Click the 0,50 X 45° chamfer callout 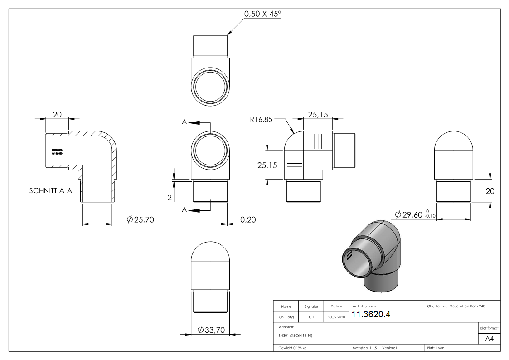(x=262, y=14)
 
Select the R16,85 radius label (x=262, y=120)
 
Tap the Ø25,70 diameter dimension (x=141, y=219)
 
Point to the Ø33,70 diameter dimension (x=212, y=331)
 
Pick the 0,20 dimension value (x=248, y=219)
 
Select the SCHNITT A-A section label (x=50, y=191)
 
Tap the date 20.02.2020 (x=336, y=317)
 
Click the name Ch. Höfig (x=286, y=317)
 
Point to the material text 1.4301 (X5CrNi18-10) (x=296, y=336)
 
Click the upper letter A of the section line (x=184, y=122)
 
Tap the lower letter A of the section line (x=184, y=209)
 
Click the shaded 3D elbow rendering (x=372, y=256)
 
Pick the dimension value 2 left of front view (x=169, y=198)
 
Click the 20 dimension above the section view (x=57, y=115)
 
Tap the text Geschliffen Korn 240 (x=467, y=306)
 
